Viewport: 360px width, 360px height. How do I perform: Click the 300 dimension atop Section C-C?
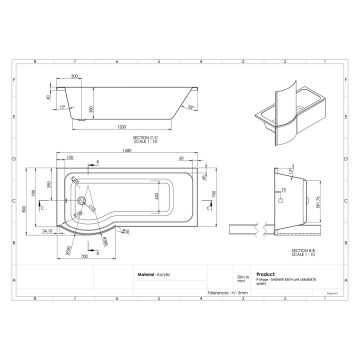click(x=75, y=74)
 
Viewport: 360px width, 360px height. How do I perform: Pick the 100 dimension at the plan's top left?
click(x=69, y=160)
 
